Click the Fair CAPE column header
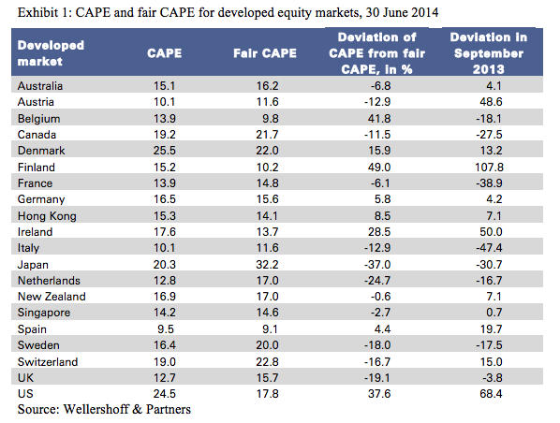click(x=265, y=53)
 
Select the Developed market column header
click(x=51, y=53)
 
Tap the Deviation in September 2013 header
click(x=488, y=53)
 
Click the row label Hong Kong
click(x=47, y=216)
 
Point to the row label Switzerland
click(x=48, y=361)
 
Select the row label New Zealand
click(x=52, y=297)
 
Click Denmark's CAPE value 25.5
click(x=164, y=151)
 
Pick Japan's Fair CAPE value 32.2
click(x=268, y=265)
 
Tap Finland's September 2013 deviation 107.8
click(x=489, y=168)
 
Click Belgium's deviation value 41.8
click(x=379, y=119)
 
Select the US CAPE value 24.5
click(x=164, y=394)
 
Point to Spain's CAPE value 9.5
click(x=166, y=328)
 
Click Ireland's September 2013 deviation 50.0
click(x=491, y=232)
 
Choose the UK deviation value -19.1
click(x=377, y=378)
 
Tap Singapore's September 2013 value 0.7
click(x=494, y=313)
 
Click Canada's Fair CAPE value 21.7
click(x=268, y=135)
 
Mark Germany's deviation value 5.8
click(x=382, y=199)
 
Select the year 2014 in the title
click(x=424, y=12)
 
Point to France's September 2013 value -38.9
click(x=489, y=183)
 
